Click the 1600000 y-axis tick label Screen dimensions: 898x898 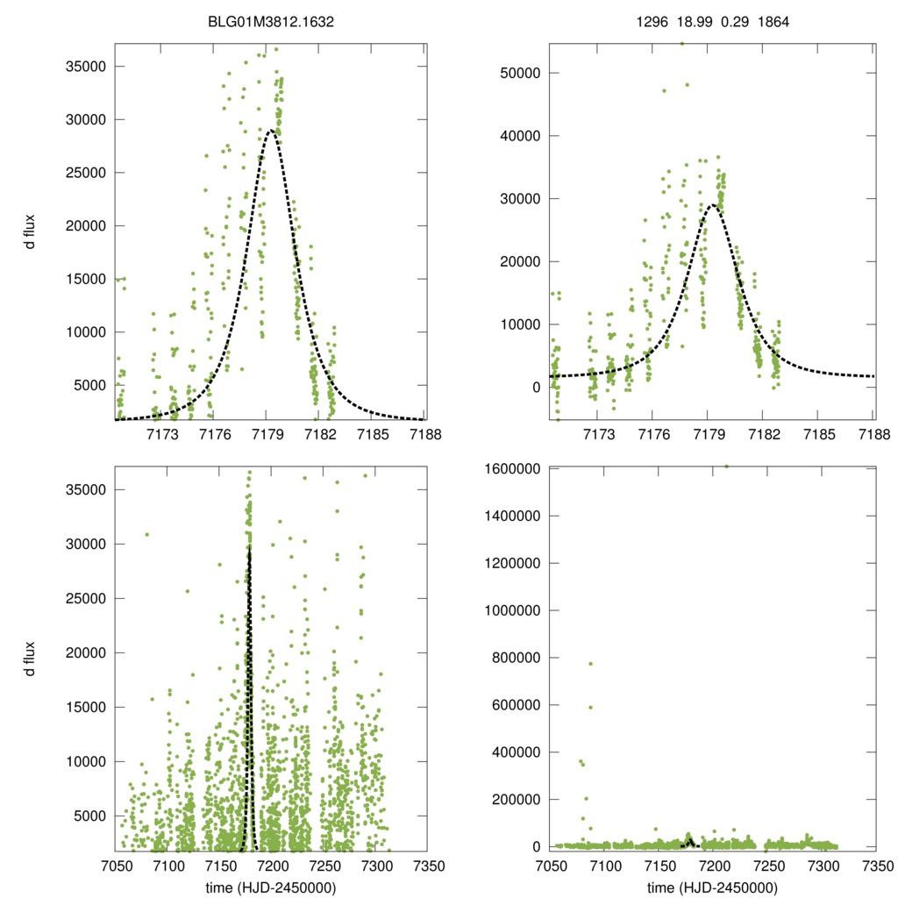[x=512, y=469]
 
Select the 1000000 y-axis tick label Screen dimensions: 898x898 [x=512, y=610]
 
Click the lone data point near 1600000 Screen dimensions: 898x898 [x=726, y=467]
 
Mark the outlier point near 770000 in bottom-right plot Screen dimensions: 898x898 [x=590, y=664]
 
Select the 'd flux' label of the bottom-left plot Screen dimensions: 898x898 [x=31, y=659]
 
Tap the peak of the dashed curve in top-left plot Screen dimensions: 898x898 [x=271, y=131]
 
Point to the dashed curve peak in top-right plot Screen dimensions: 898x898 [x=714, y=205]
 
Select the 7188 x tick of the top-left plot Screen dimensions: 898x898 [x=424, y=434]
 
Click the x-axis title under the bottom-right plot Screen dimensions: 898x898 [x=712, y=887]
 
